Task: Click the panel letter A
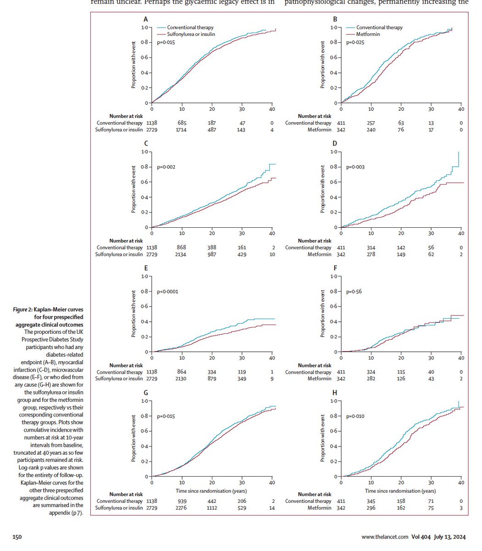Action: [146, 19]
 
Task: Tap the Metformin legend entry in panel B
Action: [368, 34]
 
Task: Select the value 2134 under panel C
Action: [182, 254]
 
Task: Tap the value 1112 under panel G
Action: [212, 508]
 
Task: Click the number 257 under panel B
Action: [371, 123]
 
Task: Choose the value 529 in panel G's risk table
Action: [242, 508]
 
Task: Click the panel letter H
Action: [335, 393]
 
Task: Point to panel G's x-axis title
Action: [212, 491]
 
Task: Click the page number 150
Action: [17, 537]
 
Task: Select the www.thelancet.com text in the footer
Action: [384, 537]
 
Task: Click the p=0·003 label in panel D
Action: [356, 167]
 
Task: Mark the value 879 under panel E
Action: [212, 379]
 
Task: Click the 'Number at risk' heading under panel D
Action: [314, 241]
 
